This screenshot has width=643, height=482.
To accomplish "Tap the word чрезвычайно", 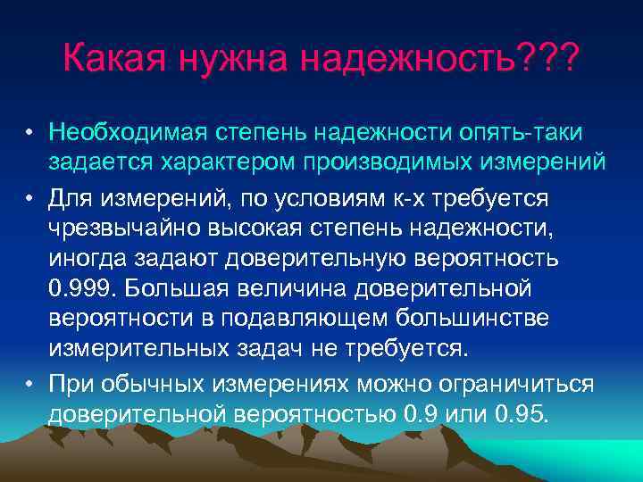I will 125,228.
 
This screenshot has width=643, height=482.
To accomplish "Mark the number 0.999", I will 82,290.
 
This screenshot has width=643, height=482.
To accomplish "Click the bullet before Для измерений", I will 29,197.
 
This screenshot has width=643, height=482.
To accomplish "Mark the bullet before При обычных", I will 29,384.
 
